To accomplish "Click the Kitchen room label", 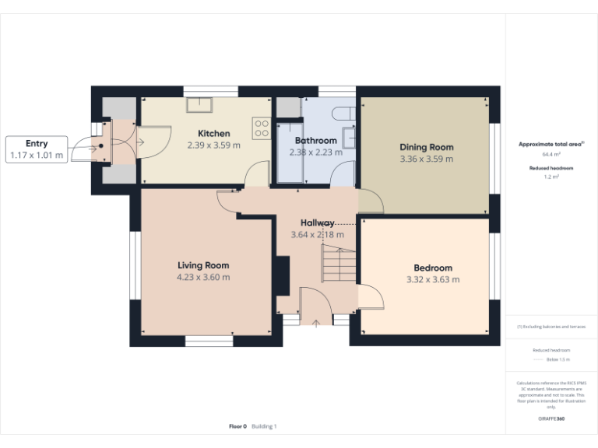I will [213, 133].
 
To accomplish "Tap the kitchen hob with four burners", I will [261, 128].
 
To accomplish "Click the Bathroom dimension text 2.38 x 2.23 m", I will [315, 152].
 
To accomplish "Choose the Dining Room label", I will [426, 147].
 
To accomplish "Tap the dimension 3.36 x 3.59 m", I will [426, 159].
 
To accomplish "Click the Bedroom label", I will [432, 268].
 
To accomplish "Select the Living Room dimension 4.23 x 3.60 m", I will [202, 277].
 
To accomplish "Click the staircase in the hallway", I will [338, 264].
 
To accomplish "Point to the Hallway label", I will [318, 222].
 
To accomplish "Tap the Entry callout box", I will [37, 149].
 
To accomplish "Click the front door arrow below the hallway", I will [316, 322].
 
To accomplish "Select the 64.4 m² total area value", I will [551, 155].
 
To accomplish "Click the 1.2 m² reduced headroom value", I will [551, 177].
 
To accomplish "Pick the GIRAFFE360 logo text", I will [551, 418].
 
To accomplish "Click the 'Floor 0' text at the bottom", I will [237, 426].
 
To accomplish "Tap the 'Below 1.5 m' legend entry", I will [558, 359].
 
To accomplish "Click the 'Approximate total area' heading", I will [550, 145].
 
